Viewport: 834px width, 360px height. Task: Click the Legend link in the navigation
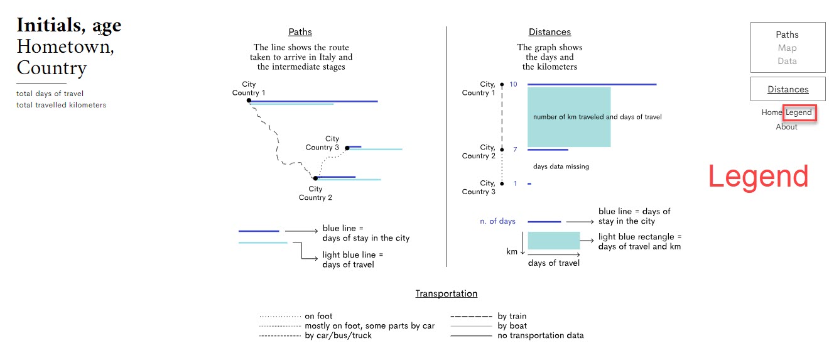799,113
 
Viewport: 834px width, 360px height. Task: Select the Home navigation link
772,113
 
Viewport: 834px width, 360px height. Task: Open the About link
786,127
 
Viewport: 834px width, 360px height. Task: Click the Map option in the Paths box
787,48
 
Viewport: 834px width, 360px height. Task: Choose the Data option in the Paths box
787,61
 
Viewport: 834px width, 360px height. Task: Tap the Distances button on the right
788,89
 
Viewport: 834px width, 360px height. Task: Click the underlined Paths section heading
300,32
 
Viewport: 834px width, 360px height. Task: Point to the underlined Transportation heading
446,293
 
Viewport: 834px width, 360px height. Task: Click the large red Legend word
758,177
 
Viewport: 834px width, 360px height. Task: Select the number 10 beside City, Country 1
513,84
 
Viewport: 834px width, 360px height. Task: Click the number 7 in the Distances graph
515,150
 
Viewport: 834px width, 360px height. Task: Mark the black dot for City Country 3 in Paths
347,148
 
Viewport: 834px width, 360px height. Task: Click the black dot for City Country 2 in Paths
315,178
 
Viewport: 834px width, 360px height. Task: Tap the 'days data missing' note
561,166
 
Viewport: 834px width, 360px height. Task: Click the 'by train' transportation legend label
512,316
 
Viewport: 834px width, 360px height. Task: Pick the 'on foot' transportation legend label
318,316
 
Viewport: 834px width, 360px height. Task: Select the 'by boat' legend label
512,325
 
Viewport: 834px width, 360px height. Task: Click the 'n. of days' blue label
497,221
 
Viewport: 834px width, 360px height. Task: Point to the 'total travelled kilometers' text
61,105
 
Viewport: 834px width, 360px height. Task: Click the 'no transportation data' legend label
540,335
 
